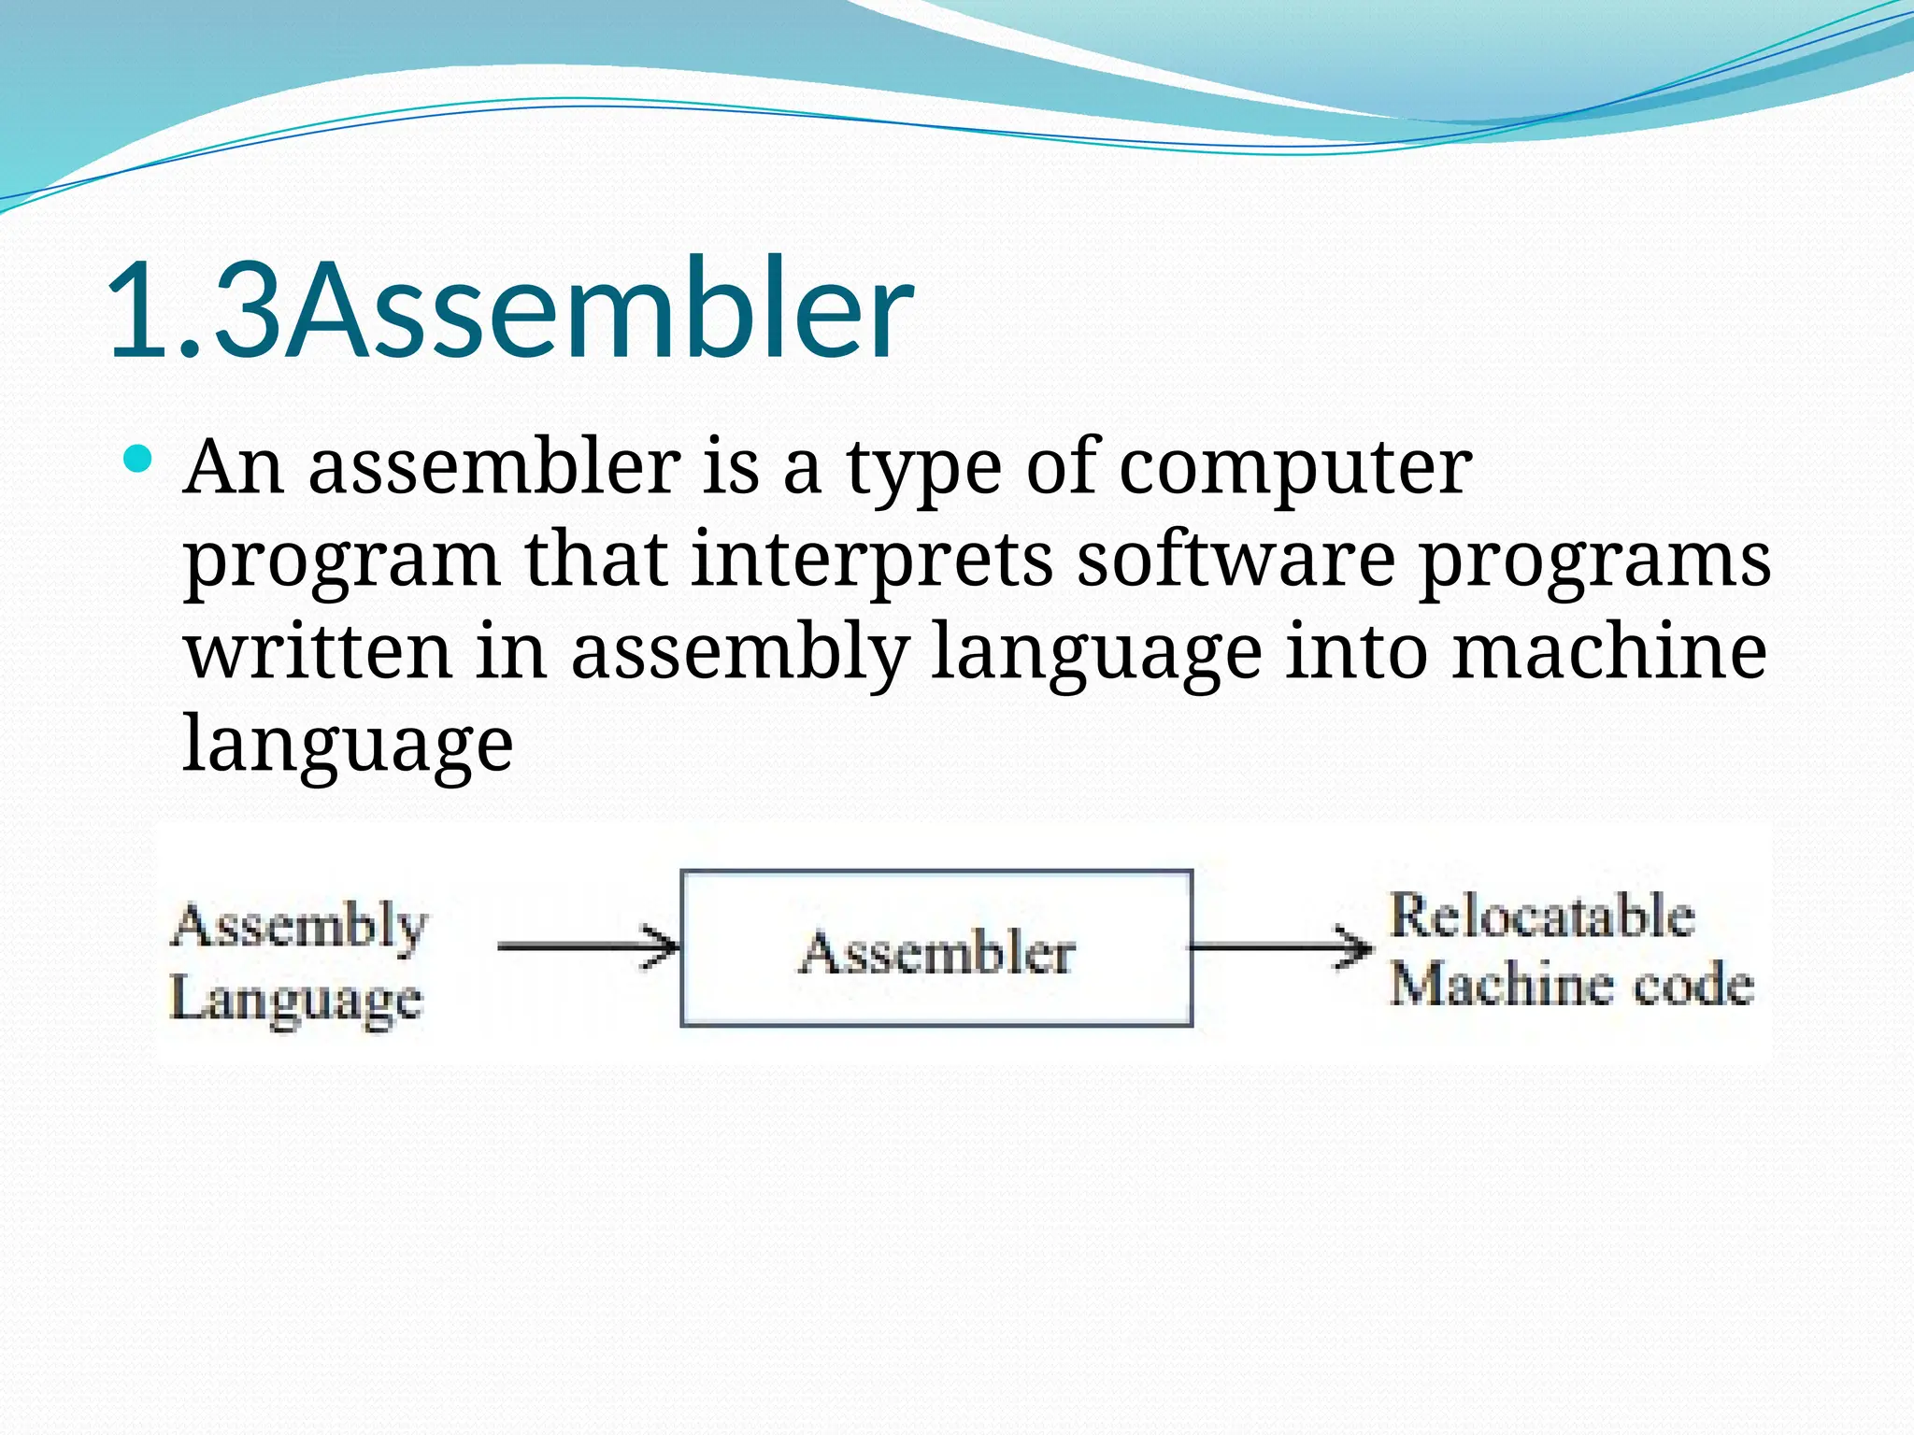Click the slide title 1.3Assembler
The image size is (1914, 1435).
[509, 308]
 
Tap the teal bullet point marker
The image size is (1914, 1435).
[136, 459]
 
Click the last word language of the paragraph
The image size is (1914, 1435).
[348, 746]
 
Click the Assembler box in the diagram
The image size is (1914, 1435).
[936, 949]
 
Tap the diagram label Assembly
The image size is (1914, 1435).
[300, 927]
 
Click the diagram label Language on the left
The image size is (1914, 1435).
[296, 1001]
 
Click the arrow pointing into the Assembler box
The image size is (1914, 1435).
[588, 946]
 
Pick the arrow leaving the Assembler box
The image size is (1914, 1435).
[1280, 947]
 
